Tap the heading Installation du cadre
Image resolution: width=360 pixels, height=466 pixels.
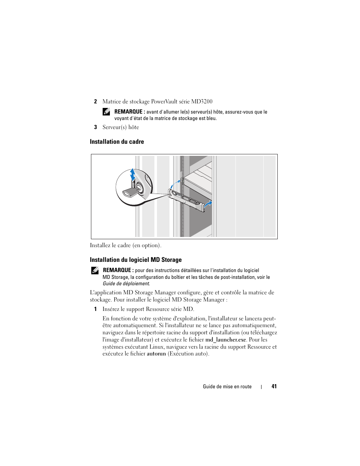pyautogui.click(x=117, y=142)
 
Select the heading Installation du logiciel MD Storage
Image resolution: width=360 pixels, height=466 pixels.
pyautogui.click(x=136, y=260)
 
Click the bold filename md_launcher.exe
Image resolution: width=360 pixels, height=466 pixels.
pyautogui.click(x=226, y=340)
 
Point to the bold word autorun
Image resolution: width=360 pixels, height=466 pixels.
pyautogui.click(x=156, y=354)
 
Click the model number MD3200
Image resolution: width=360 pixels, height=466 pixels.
pyautogui.click(x=202, y=102)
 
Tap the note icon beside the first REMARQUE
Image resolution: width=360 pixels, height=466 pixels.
pyautogui.click(x=106, y=112)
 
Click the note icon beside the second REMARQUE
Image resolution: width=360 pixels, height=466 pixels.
pyautogui.click(x=95, y=271)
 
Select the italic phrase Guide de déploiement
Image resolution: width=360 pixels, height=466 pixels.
pyautogui.click(x=126, y=284)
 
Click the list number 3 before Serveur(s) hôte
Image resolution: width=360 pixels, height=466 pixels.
pyautogui.click(x=95, y=127)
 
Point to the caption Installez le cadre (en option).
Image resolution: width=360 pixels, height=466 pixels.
pyautogui.click(x=126, y=246)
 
